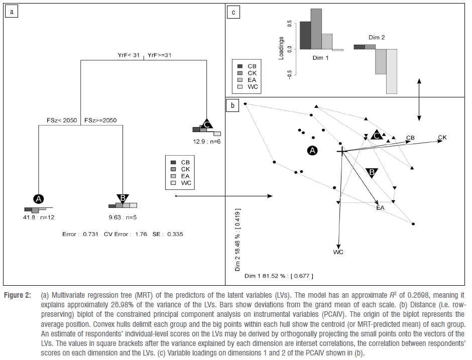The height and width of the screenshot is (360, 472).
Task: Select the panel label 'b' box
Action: [x=232, y=106]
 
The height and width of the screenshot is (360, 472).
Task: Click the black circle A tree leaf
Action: [x=39, y=198]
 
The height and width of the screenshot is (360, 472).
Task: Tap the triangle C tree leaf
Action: [x=206, y=124]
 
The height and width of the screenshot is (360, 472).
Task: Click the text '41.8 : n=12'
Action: [x=39, y=217]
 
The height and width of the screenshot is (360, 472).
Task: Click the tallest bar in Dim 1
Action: [x=316, y=29]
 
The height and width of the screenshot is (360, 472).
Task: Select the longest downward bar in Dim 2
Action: [x=391, y=71]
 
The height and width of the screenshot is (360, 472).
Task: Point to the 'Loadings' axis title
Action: [x=282, y=47]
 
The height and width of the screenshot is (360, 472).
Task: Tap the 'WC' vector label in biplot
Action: [x=338, y=252]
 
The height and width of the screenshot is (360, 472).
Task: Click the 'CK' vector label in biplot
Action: [x=442, y=138]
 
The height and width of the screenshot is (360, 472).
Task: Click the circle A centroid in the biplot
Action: [x=312, y=150]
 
